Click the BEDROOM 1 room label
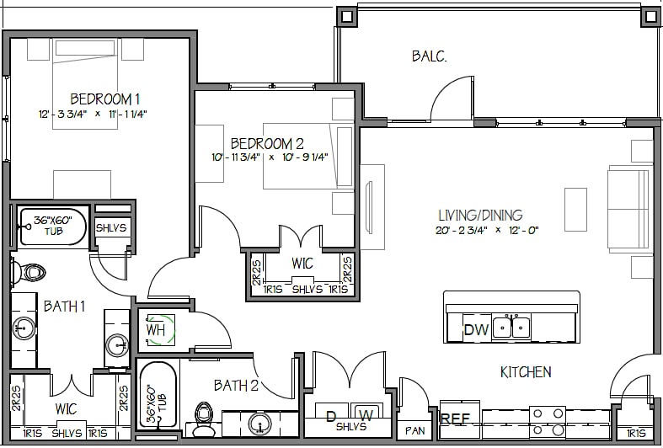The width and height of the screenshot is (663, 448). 104,99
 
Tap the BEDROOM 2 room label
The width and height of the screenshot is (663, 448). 267,144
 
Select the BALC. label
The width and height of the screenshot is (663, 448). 429,56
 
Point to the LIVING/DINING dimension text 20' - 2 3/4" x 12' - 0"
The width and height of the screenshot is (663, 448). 487,231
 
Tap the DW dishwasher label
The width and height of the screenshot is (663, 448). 476,329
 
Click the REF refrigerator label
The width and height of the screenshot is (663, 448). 455,419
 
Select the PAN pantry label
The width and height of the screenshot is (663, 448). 414,430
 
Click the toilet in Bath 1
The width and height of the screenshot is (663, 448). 28,273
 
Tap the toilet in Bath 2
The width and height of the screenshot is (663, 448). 204,419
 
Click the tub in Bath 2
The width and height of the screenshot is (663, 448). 158,395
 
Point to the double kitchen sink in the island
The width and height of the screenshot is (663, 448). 511,327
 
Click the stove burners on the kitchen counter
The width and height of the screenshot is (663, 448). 548,422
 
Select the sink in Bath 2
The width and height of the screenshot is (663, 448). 259,423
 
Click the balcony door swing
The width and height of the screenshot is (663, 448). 452,98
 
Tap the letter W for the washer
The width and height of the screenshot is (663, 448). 366,416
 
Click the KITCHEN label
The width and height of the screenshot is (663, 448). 526,372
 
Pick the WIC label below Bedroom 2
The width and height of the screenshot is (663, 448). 302,264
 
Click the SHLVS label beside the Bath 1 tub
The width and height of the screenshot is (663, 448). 111,228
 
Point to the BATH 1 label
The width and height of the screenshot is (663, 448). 64,306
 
